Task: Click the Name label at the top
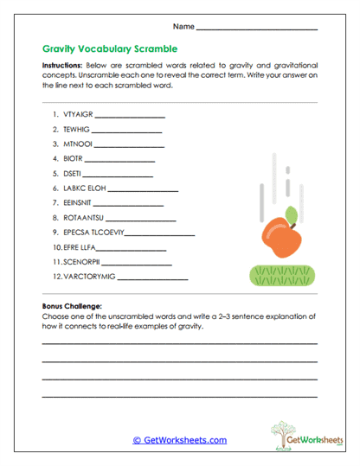(x=183, y=27)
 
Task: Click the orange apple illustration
(x=281, y=237)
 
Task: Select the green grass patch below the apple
(x=278, y=275)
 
